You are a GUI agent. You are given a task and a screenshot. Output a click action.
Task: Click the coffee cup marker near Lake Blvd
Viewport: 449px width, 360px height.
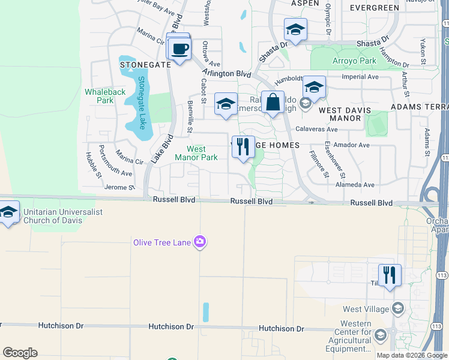click(x=180, y=48)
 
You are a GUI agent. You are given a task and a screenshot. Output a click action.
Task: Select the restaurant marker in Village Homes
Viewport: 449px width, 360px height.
click(x=243, y=147)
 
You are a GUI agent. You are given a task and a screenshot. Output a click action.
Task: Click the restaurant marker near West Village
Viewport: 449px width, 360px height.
click(x=390, y=275)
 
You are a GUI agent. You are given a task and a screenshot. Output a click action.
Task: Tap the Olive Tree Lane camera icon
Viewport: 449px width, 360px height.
click(x=200, y=242)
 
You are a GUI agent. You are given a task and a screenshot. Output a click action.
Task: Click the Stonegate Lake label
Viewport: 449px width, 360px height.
click(x=142, y=103)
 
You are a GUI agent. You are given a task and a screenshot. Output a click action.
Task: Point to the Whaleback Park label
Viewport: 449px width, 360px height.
click(x=105, y=96)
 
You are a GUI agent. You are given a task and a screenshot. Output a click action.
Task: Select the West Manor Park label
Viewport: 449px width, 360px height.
click(x=196, y=153)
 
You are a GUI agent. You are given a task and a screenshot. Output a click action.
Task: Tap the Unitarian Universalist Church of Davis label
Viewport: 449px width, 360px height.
click(x=61, y=216)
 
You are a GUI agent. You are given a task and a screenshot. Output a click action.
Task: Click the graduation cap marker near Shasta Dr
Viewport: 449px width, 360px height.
click(x=295, y=29)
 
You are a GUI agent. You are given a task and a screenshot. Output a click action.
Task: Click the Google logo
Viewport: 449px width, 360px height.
click(x=20, y=352)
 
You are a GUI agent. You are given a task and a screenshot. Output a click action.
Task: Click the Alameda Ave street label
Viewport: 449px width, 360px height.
click(x=358, y=185)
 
